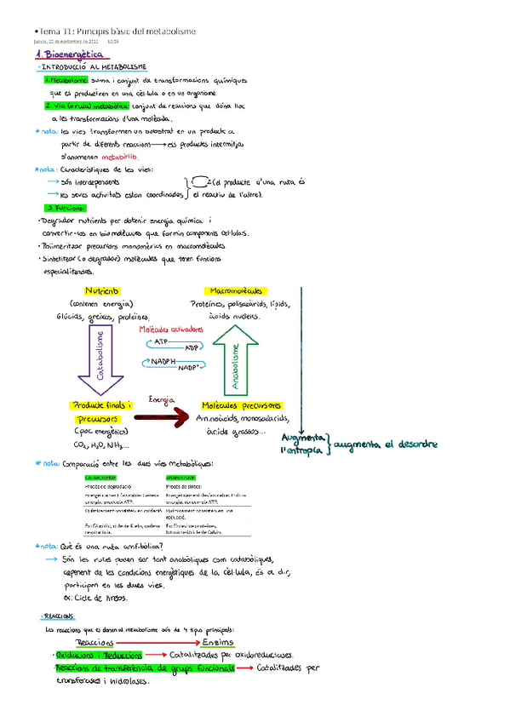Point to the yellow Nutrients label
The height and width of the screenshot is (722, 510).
coord(101,290)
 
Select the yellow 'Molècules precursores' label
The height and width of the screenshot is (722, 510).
coord(241,405)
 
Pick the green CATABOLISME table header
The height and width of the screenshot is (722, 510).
coord(101,478)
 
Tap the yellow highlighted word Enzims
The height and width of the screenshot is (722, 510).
coord(219,641)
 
